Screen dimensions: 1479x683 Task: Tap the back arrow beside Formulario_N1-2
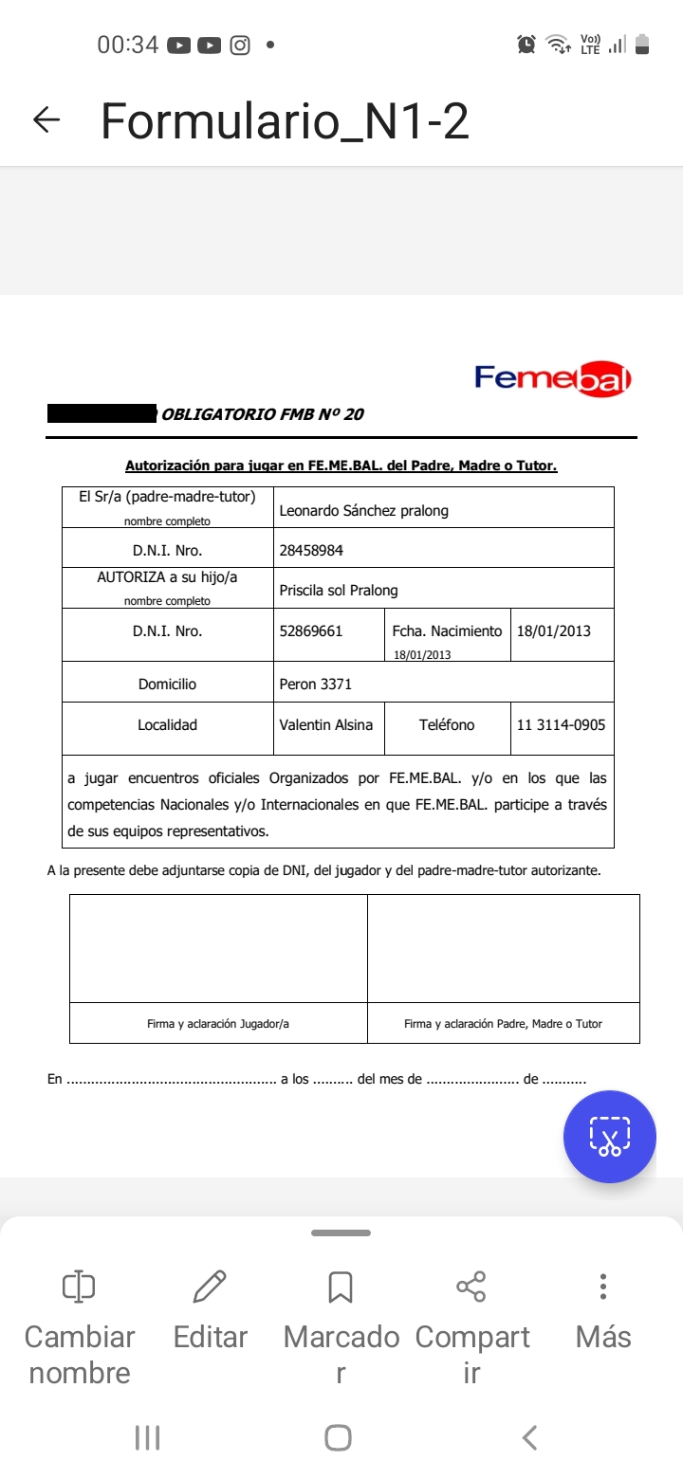click(46, 119)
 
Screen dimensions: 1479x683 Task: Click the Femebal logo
click(553, 379)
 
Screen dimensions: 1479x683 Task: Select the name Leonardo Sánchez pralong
click(363, 510)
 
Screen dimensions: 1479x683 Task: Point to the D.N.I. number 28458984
click(311, 550)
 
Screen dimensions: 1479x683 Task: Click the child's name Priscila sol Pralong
click(339, 590)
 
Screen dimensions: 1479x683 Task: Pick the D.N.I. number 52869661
click(311, 630)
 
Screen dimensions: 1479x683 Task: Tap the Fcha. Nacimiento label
click(447, 630)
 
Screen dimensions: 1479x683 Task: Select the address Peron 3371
click(315, 684)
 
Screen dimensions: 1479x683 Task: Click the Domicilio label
click(167, 684)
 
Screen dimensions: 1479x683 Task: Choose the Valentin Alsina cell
click(326, 724)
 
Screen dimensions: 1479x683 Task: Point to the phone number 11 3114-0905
click(561, 724)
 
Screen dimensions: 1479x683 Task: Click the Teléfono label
click(447, 724)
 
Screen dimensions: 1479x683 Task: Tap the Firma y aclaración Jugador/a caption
click(218, 1023)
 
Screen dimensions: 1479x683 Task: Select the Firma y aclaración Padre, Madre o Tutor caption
click(503, 1023)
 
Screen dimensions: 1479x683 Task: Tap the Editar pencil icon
click(210, 1287)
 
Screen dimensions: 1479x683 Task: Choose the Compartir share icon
click(471, 1287)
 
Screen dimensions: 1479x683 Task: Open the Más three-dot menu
click(603, 1287)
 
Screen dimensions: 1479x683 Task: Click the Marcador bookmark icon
click(341, 1287)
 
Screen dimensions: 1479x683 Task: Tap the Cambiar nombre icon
click(79, 1287)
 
